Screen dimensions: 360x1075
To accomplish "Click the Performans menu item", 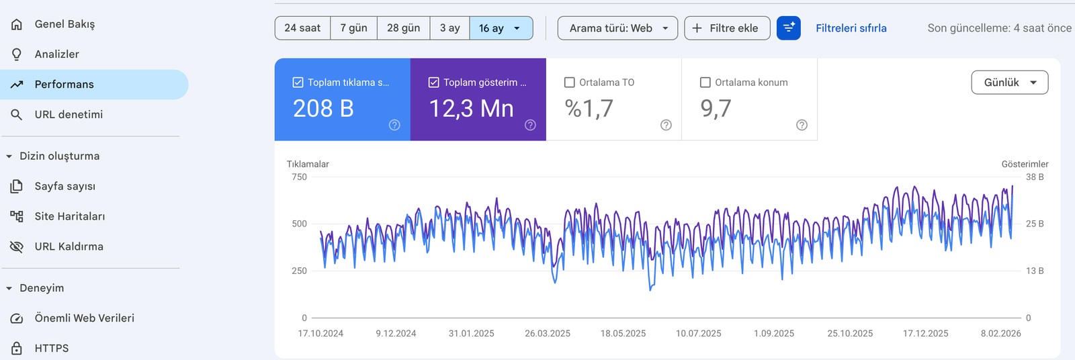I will coord(64,85).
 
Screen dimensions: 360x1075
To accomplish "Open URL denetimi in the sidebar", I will coord(69,115).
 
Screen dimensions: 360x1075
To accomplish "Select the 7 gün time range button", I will coord(353,28).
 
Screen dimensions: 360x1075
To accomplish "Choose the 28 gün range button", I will coord(403,28).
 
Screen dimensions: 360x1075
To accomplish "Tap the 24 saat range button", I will coord(302,28).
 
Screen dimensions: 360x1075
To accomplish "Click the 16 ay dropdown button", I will coord(501,28).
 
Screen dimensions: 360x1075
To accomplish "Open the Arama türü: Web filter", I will coord(617,28).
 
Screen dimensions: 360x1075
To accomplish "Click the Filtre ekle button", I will coord(726,28).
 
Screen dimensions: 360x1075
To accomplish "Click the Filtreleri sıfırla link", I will coord(851,28).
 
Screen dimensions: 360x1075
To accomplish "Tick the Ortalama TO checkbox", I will coord(570,83).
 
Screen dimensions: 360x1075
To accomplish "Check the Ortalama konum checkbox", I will coord(705,83).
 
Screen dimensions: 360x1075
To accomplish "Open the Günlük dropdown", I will coord(1009,83).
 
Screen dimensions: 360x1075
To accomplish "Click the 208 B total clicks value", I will coord(323,109).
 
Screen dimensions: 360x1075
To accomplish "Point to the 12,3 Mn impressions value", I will coord(471,109).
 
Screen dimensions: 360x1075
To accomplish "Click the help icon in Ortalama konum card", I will coord(802,125).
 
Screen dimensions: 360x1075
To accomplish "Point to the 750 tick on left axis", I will coord(299,177).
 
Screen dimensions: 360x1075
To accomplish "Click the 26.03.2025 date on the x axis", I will coord(547,334).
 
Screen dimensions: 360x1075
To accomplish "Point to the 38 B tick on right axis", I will coord(1035,177).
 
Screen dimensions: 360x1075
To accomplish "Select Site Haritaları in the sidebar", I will coord(69,216).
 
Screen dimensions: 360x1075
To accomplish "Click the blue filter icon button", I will coord(788,28).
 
